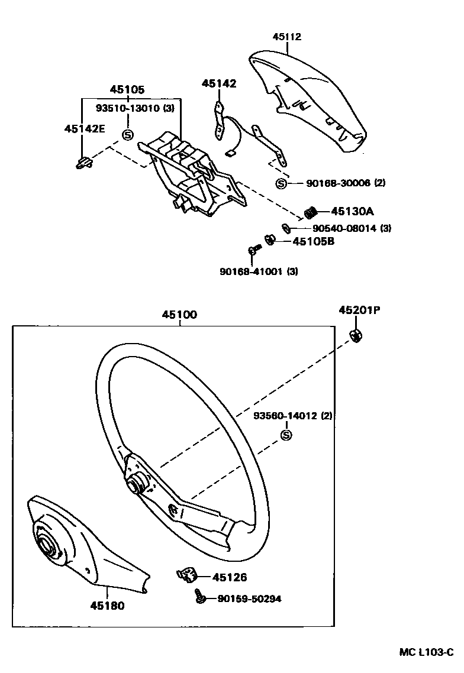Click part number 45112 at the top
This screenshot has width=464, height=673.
287,37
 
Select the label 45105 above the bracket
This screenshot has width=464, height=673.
127,89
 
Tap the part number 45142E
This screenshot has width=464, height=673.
85,128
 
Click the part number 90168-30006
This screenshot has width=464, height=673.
338,183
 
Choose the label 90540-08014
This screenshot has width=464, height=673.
344,228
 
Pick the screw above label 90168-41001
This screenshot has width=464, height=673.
253,251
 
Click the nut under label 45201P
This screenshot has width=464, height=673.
357,335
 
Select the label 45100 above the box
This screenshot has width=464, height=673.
179,315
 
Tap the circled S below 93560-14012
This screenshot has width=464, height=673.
286,435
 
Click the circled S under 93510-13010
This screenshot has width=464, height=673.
127,135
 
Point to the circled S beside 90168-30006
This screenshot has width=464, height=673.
281,183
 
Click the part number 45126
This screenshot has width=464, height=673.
229,577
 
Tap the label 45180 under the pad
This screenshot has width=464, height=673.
107,606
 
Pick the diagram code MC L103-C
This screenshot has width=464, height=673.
426,652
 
